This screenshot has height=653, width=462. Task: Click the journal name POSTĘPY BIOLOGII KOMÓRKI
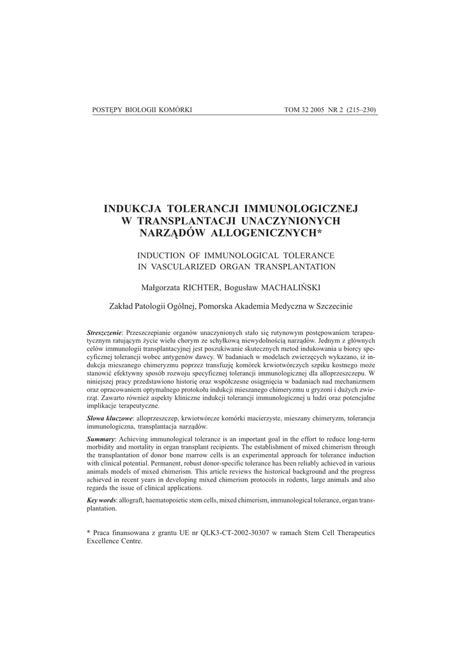(x=142, y=110)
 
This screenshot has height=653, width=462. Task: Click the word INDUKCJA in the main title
(x=133, y=209)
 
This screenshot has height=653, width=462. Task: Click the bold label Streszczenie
(x=105, y=334)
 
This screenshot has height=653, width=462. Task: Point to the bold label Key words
(x=102, y=501)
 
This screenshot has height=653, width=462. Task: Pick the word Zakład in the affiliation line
(x=122, y=306)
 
